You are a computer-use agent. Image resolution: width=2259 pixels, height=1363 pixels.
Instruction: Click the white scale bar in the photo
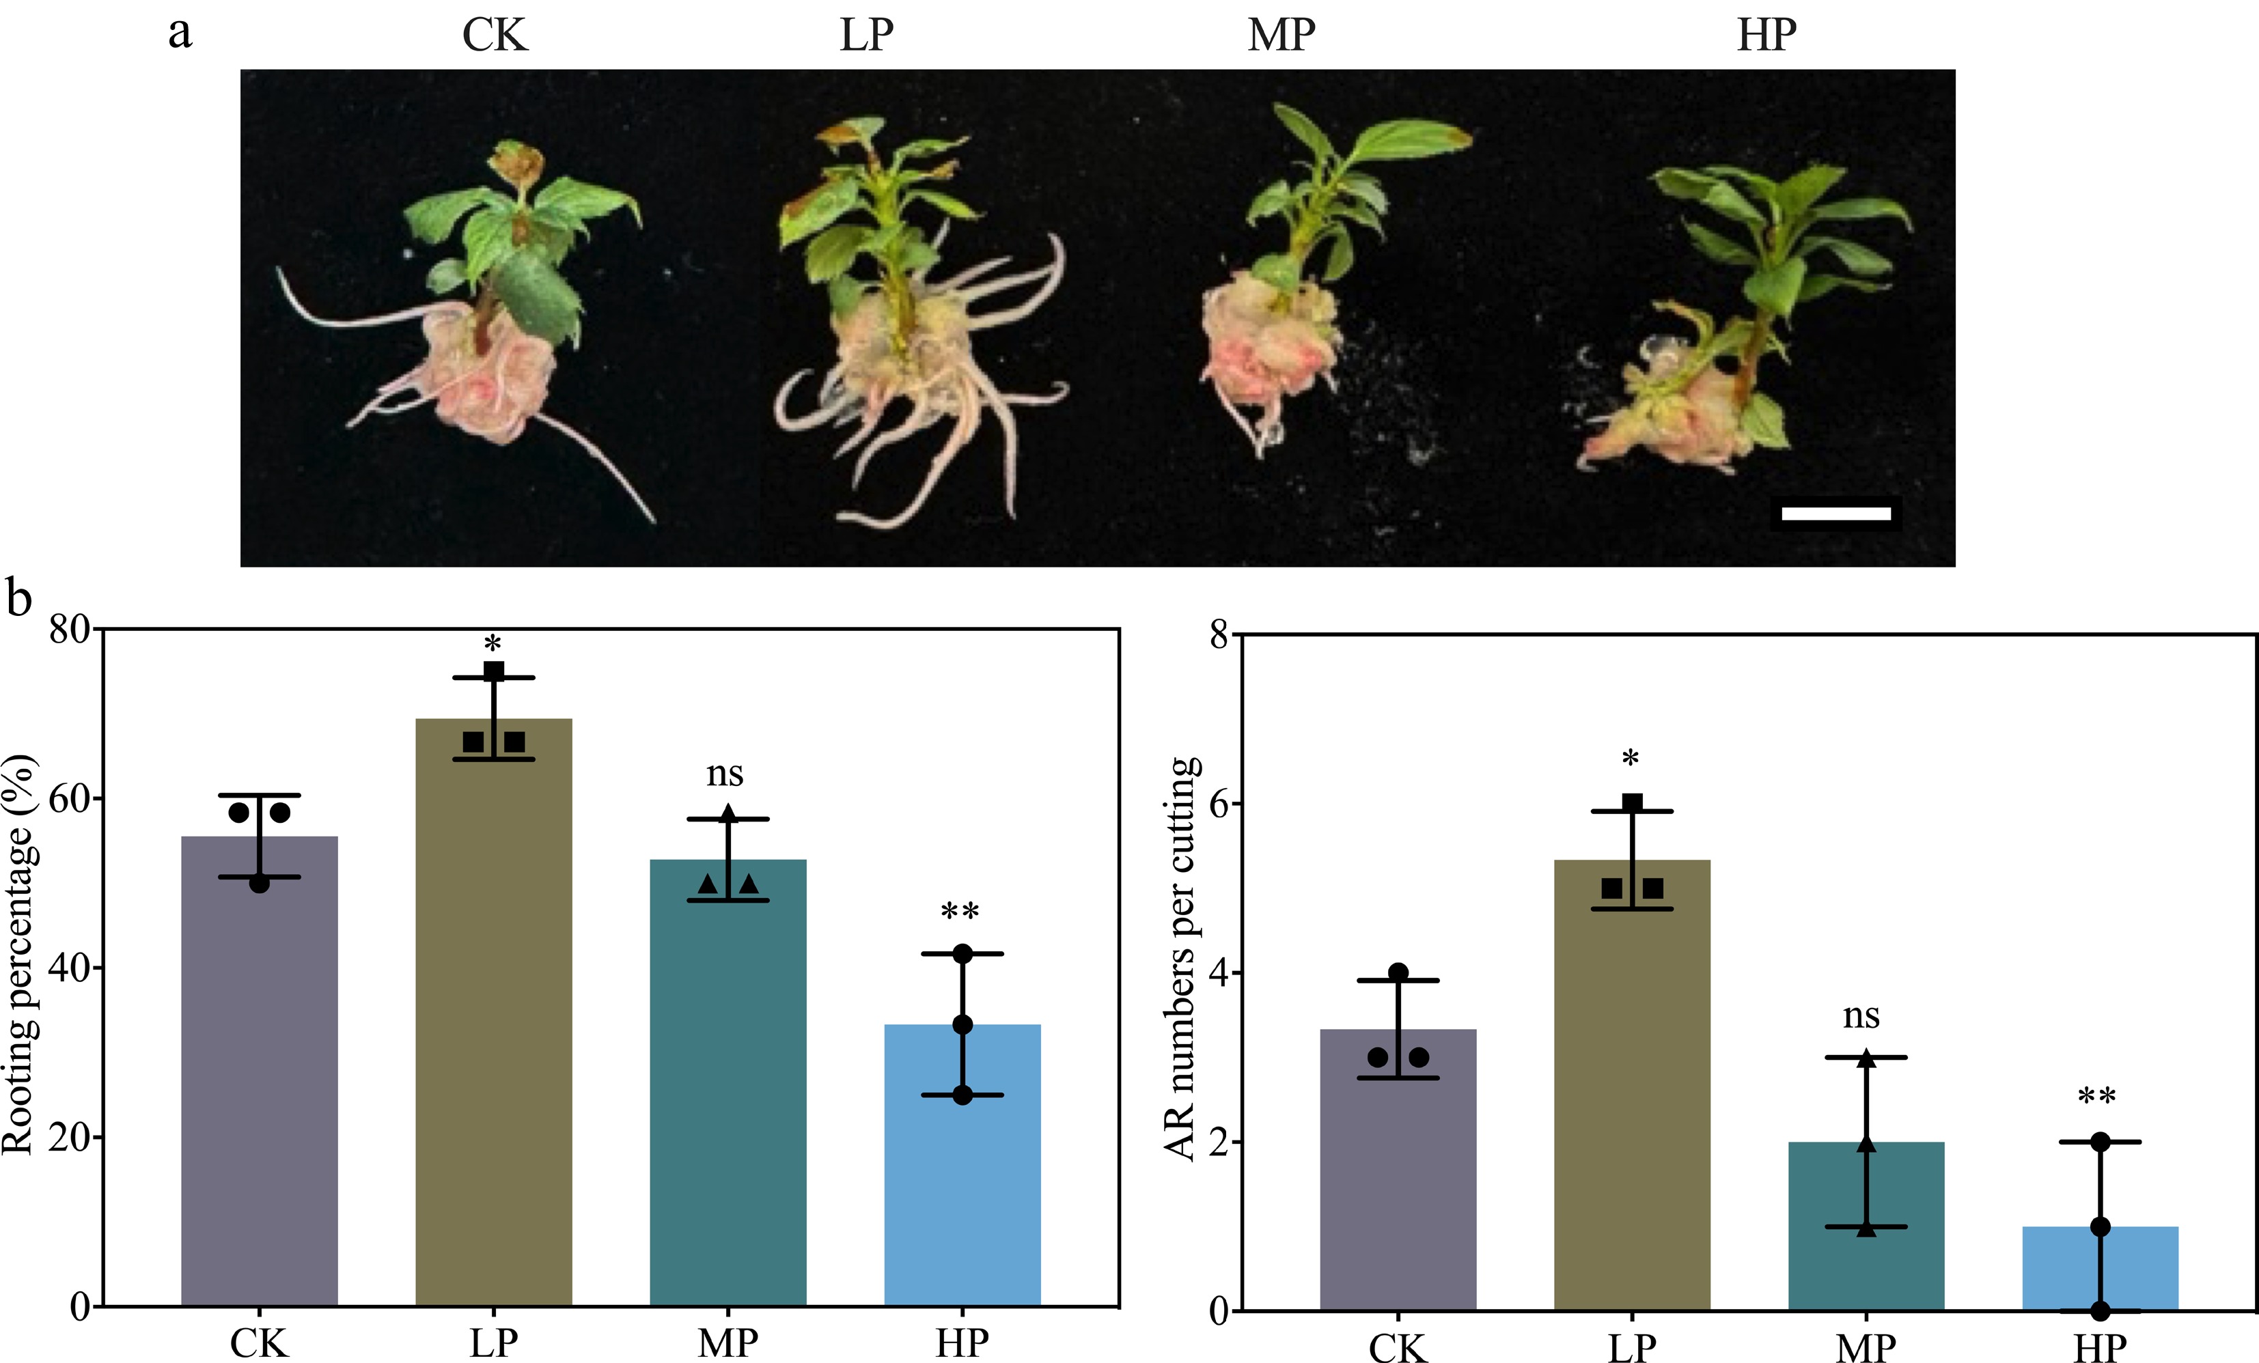coord(1835,514)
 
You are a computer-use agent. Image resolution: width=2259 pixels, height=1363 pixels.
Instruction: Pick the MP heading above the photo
coord(1281,35)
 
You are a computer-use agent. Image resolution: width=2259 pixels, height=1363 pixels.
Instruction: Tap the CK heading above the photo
coord(495,35)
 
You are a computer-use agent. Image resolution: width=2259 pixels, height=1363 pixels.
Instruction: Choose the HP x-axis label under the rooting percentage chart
coord(962,1343)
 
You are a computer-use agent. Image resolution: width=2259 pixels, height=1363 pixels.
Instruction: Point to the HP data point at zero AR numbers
coord(2101,1310)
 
